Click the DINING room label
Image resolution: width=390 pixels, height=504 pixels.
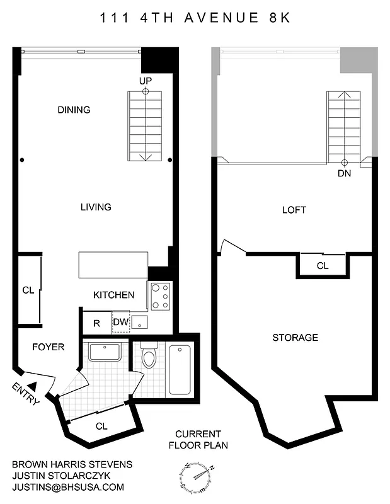point(74,110)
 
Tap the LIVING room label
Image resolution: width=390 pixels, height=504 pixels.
point(96,207)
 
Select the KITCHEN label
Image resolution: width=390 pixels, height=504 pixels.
point(113,295)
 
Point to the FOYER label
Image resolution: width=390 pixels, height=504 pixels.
point(48,347)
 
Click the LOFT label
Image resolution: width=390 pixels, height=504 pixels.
point(294,210)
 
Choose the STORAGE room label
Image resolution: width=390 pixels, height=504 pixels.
point(295,338)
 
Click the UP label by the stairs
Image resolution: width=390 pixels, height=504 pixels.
point(146,80)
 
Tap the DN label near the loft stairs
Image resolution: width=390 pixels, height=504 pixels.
point(344,173)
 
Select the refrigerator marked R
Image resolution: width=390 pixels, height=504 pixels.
point(96,323)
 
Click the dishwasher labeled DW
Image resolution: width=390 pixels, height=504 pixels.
point(120,323)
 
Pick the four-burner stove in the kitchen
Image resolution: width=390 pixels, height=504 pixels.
point(161,295)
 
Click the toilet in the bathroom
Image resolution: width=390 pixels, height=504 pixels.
point(149,357)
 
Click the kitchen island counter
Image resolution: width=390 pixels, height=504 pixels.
point(113,265)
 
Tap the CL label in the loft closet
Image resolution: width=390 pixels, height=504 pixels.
point(322,266)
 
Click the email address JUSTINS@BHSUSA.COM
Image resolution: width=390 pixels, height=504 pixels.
point(68,487)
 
